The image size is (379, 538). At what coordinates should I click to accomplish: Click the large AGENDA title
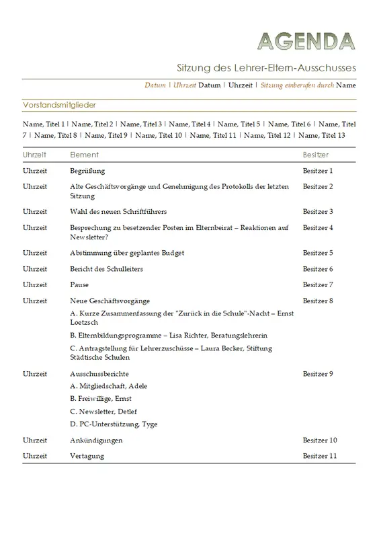[x=306, y=42]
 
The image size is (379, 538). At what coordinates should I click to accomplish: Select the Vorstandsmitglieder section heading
[x=59, y=106]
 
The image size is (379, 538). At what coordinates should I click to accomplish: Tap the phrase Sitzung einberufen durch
[x=297, y=85]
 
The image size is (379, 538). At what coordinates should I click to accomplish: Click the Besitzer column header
[x=316, y=155]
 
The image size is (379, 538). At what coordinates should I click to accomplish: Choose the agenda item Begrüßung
[x=87, y=171]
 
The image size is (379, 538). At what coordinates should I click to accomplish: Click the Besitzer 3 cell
[x=318, y=212]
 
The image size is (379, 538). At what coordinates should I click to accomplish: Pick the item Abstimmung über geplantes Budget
[x=127, y=253]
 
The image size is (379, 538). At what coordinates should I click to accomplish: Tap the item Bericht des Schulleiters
[x=106, y=269]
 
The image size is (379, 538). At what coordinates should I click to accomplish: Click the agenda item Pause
[x=79, y=285]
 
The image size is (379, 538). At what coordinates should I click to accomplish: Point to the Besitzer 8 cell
[x=318, y=301]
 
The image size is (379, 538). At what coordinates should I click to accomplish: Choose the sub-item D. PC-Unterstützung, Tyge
[x=114, y=424]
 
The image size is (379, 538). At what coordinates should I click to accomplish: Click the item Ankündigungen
[x=96, y=440]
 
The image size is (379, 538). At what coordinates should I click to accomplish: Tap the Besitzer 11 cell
[x=320, y=456]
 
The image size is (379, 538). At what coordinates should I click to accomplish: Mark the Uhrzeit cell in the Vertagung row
[x=35, y=456]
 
